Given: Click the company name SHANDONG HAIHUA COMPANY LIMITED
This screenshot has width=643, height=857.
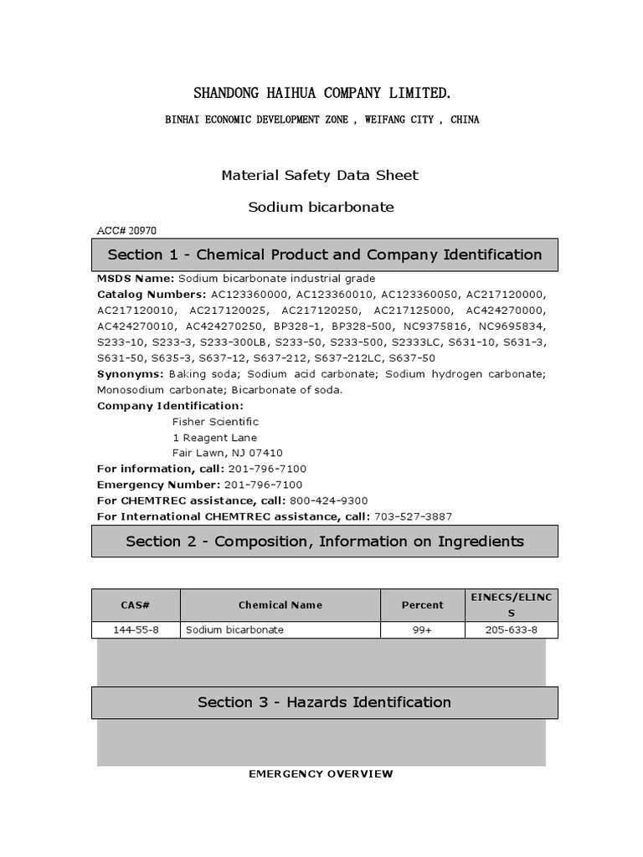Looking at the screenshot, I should coord(322,92).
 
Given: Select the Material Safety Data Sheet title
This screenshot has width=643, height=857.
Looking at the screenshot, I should coord(320,175).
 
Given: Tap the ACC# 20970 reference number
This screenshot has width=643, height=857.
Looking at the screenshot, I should coord(126,230).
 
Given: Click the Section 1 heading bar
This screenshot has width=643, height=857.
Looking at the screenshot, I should coord(325,254).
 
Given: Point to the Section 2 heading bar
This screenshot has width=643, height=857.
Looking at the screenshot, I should coord(325,541).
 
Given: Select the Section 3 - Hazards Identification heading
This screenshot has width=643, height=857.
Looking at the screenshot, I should coord(325,702).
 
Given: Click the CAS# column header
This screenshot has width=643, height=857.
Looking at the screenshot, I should coord(136,605).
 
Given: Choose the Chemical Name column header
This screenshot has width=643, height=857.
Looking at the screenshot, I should coord(280,605).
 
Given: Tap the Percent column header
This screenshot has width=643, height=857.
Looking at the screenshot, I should coord(422,605).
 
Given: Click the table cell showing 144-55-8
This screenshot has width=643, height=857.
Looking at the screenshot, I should coord(136,630).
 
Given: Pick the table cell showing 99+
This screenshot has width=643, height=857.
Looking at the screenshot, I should coord(422,630).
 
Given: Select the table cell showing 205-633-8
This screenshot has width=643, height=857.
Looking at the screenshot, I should coord(512,630).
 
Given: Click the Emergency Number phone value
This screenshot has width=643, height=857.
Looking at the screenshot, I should coord(263,485).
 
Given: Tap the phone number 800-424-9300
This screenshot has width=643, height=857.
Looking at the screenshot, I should coord(329,500).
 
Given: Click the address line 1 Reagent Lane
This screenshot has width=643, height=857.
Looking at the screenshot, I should coord(214,438).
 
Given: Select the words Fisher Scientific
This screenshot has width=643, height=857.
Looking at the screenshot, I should coord(215,422).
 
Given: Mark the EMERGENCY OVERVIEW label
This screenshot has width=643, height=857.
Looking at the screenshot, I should coord(321,774).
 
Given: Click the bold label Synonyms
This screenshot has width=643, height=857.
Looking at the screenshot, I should coord(130,374).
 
